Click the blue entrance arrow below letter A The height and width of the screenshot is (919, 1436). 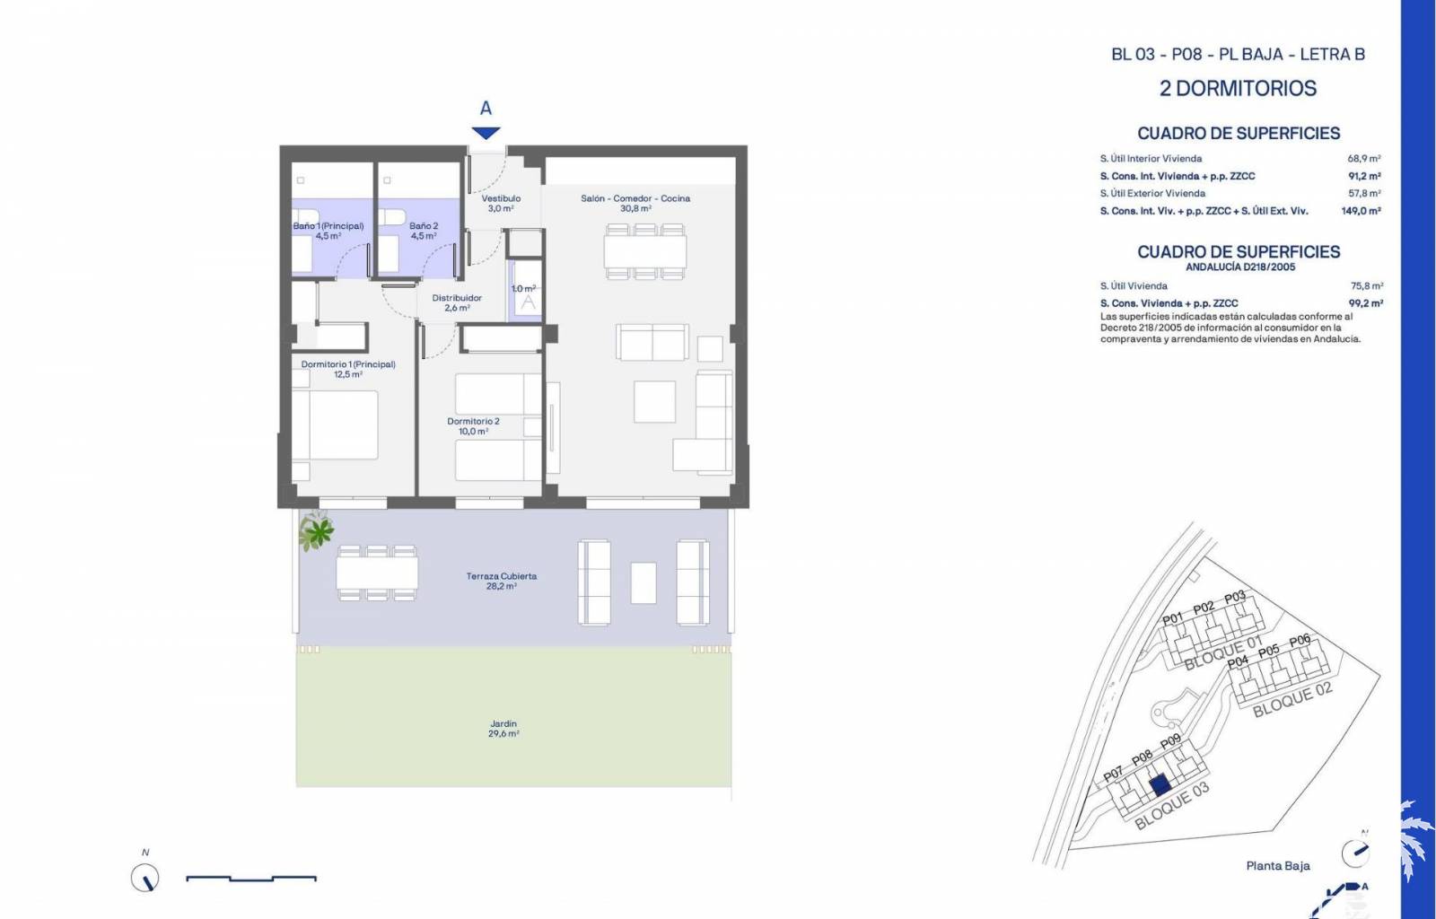486,133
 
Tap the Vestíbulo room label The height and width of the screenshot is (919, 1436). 501,203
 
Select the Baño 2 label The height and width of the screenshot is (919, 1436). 424,231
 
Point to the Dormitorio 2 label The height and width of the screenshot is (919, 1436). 473,426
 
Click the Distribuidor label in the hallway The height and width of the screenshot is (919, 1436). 457,302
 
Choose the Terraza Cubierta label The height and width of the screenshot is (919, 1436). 502,581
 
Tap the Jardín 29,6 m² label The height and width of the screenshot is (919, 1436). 503,729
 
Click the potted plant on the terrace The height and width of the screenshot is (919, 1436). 316,530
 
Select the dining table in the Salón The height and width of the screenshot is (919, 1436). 645,251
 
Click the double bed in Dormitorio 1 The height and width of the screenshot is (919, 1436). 335,424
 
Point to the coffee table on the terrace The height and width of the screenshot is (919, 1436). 643,582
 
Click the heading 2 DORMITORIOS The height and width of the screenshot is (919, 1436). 1238,89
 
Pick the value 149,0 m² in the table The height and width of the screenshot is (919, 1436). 1361,211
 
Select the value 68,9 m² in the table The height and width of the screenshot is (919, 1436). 1363,158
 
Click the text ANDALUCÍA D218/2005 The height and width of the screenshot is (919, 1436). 1240,267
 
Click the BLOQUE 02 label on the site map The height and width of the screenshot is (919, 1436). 1292,699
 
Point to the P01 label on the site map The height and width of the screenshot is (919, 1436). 1172,618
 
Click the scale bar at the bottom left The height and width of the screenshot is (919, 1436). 251,878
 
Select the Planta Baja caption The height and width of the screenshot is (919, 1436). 1278,866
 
